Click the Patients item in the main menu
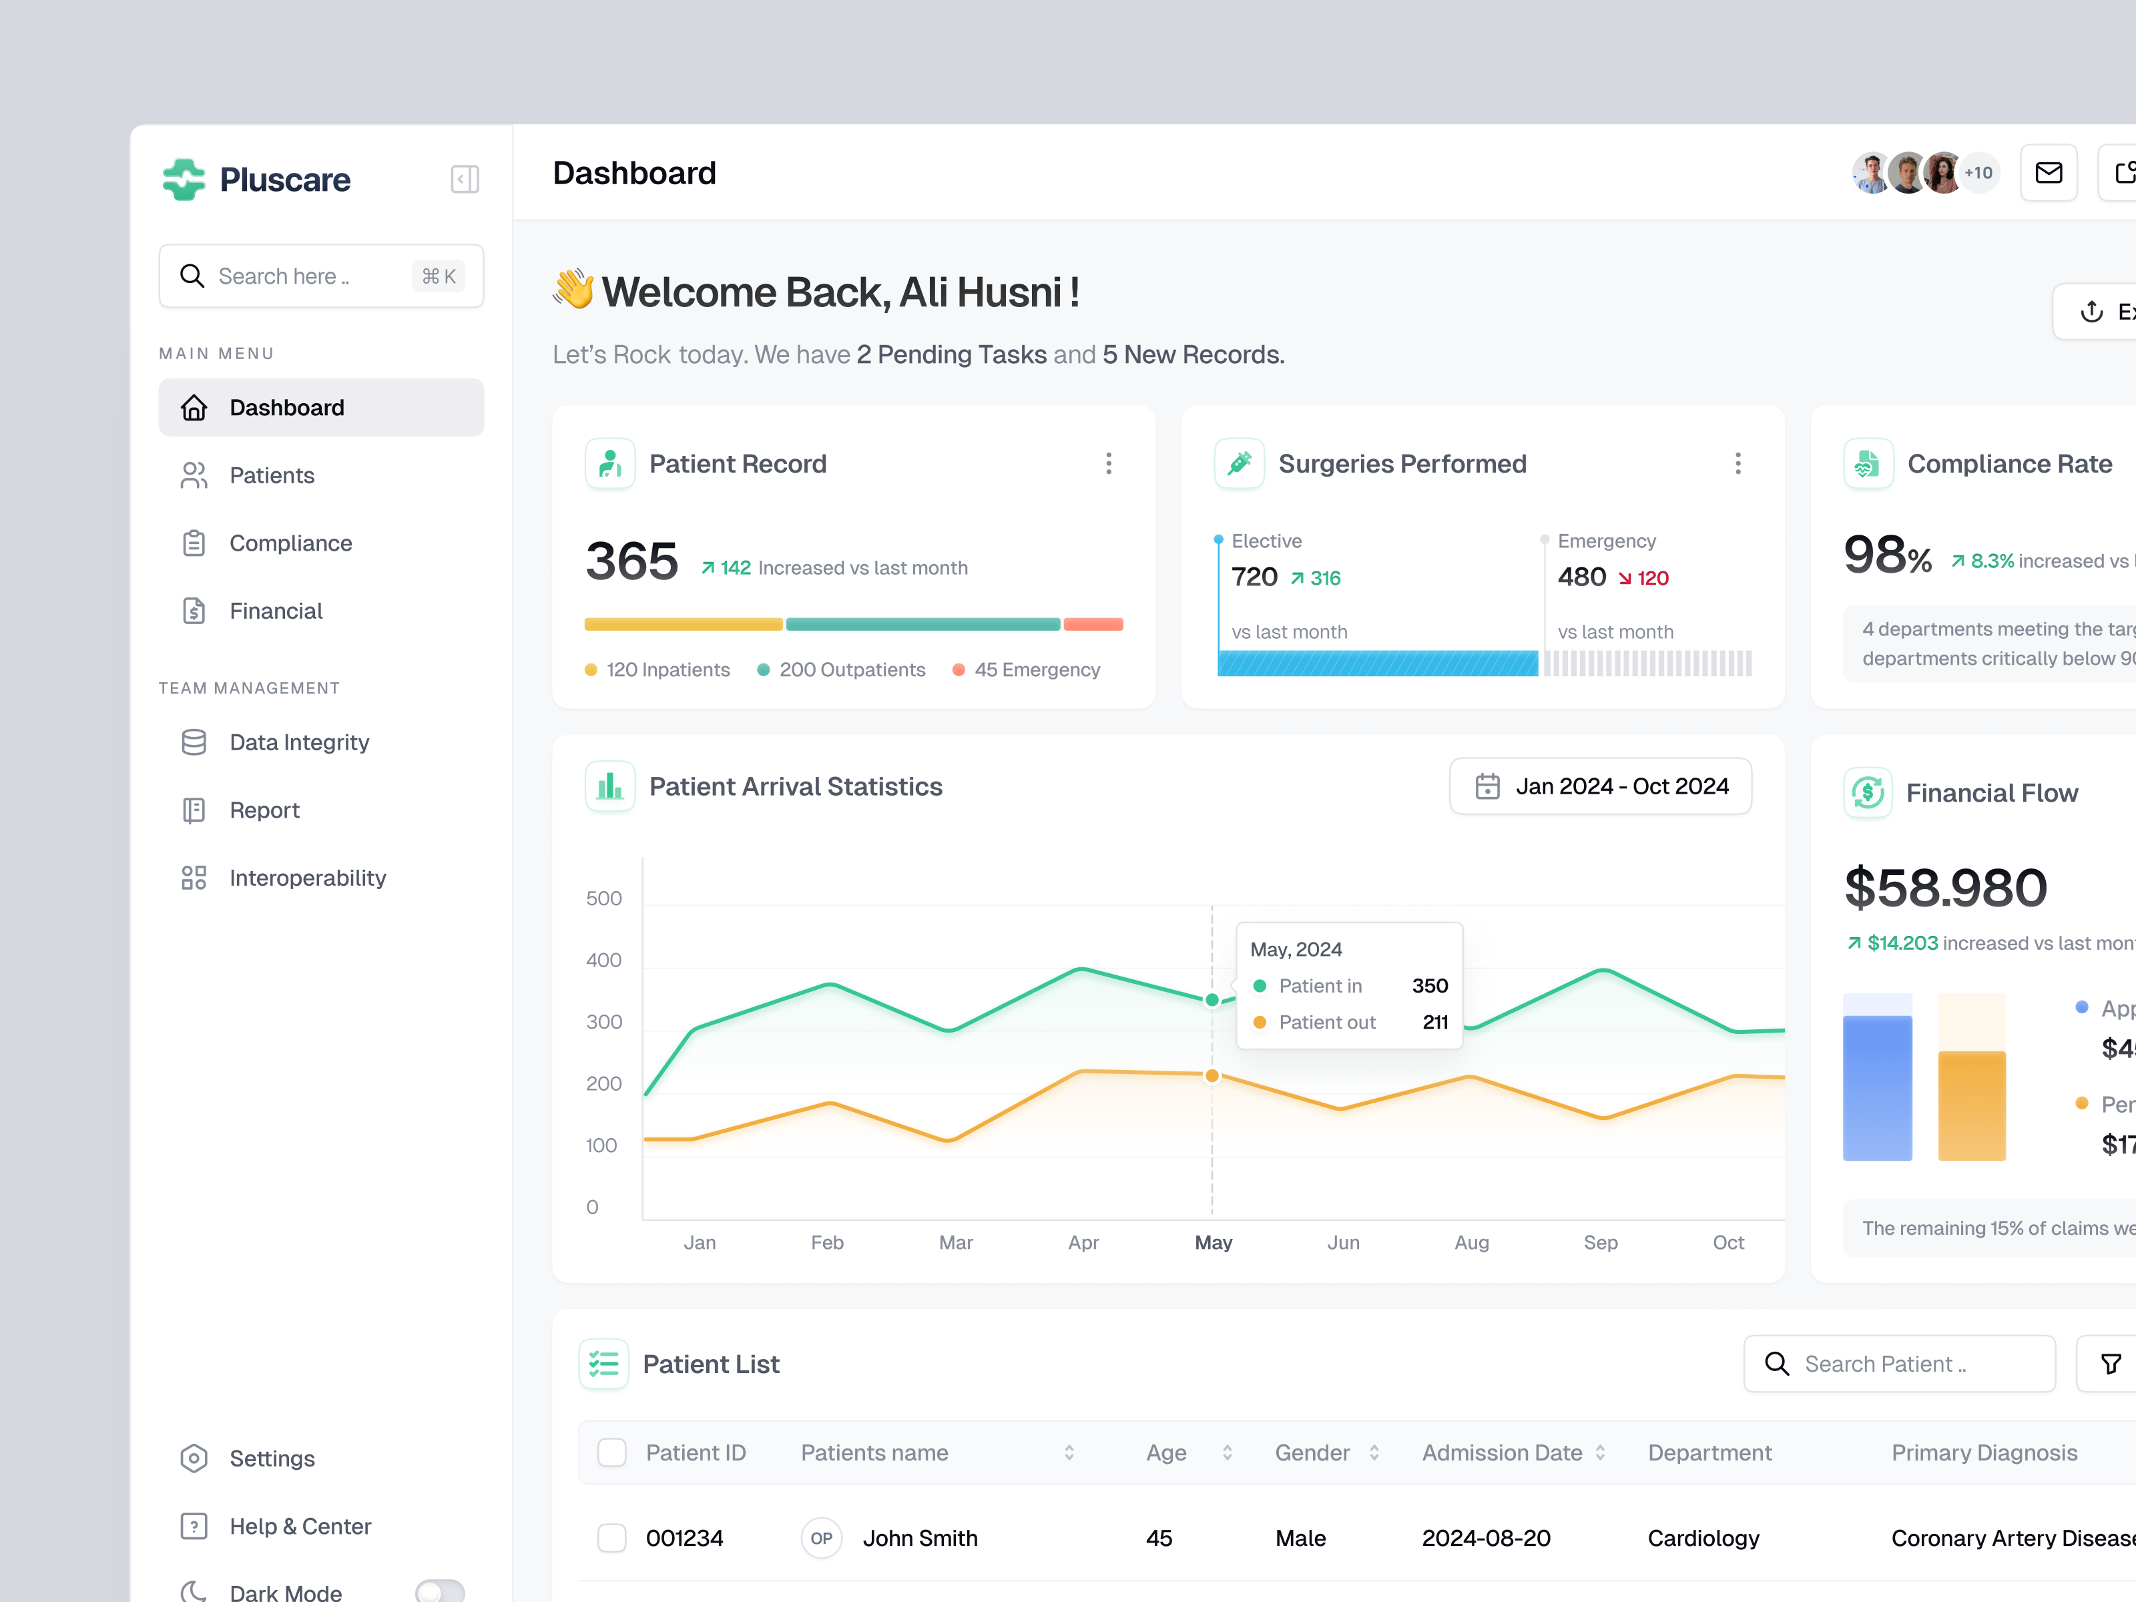272,475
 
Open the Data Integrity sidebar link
298,742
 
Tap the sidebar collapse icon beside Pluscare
465,180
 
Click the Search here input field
309,276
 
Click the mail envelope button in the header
2048,173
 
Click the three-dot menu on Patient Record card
1109,463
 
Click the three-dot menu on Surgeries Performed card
1738,463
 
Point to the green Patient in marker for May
1212,999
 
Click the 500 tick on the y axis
603,898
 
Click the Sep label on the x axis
1600,1242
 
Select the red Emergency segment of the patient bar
1093,624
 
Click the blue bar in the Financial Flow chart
1877,1086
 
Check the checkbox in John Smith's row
611,1537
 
